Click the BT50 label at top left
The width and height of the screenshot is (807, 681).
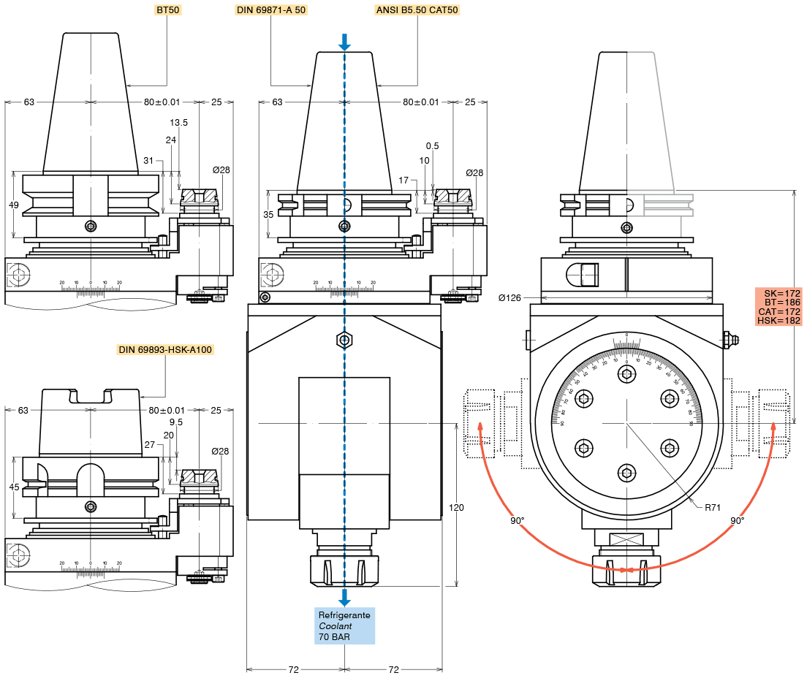click(168, 11)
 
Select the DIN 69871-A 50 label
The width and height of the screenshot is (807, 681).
click(270, 11)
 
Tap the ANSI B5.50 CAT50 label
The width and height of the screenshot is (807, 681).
click(417, 11)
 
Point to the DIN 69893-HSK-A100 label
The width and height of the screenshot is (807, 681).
click(165, 349)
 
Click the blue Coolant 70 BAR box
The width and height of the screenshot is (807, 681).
click(344, 626)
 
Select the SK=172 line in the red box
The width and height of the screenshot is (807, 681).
click(779, 293)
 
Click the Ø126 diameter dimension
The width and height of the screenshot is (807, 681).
click(509, 298)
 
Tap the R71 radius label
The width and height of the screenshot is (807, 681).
click(713, 506)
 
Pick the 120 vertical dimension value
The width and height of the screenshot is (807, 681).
click(457, 507)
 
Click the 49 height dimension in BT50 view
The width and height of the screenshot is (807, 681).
click(14, 205)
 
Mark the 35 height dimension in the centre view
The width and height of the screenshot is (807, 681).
click(269, 215)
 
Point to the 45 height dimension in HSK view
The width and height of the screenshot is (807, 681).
click(14, 487)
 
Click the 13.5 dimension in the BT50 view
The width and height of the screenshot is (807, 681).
click(178, 123)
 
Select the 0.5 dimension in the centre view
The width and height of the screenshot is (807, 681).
click(432, 146)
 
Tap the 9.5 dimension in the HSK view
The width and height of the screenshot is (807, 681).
click(175, 422)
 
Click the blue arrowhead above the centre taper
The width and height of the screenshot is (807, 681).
click(344, 45)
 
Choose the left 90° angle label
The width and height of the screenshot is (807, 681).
click(518, 521)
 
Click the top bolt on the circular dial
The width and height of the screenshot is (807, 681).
click(626, 374)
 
